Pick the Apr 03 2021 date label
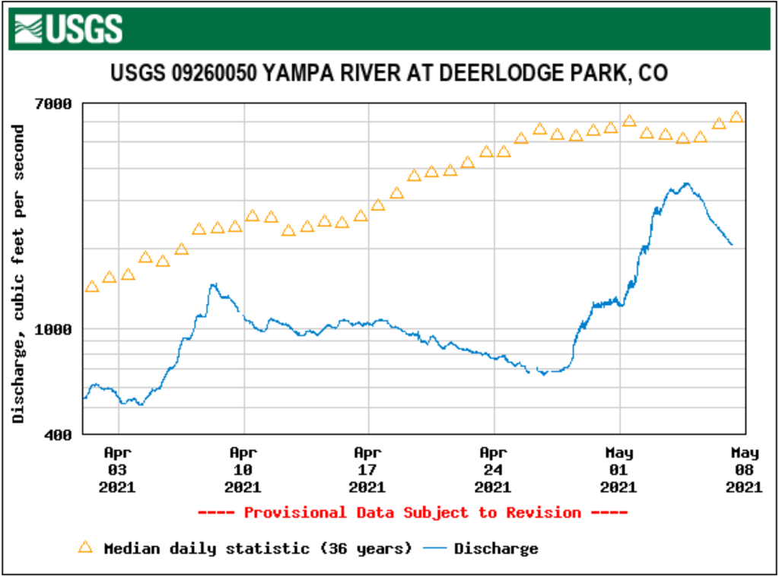[118, 470]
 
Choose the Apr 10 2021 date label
[243, 470]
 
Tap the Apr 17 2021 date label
[367, 470]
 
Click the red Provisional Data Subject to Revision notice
[412, 513]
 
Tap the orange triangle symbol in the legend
[86, 547]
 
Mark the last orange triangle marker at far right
[736, 117]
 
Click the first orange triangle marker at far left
[92, 287]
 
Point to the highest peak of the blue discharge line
[686, 183]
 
